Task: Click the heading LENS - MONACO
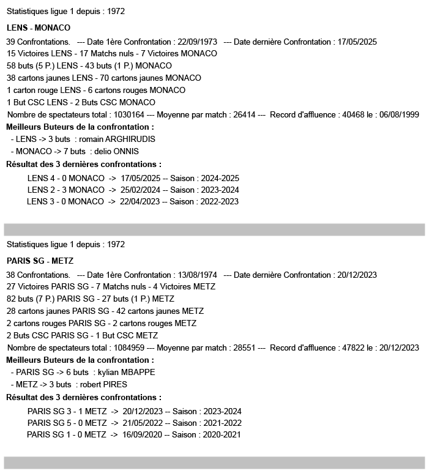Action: click(39, 28)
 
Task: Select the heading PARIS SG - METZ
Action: click(40, 261)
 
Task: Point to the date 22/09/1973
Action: click(196, 42)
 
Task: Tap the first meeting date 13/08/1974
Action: click(196, 275)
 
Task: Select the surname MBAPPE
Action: click(135, 372)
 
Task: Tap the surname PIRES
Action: click(121, 384)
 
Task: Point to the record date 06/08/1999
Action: click(399, 114)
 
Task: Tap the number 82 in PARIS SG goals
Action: click(12, 299)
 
